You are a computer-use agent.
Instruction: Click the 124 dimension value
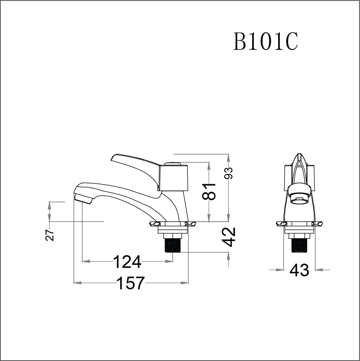[x=127, y=262]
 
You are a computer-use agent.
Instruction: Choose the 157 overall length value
[x=130, y=283]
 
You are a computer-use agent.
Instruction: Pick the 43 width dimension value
[x=299, y=270]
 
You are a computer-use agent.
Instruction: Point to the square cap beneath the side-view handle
[x=171, y=177]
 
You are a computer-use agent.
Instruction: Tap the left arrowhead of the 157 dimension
[x=76, y=283]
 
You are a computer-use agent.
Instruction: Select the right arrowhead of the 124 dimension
[x=170, y=261]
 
